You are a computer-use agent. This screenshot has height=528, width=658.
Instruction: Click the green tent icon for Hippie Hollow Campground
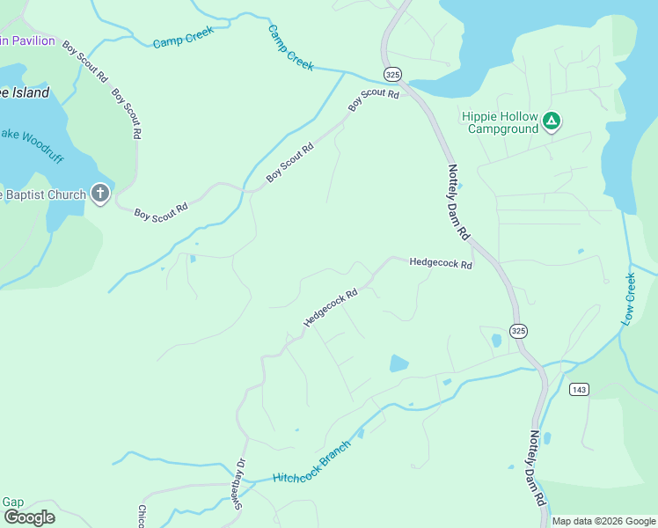[552, 121]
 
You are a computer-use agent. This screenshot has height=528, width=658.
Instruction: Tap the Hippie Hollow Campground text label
[502, 122]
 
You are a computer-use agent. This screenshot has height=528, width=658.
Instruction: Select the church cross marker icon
[100, 194]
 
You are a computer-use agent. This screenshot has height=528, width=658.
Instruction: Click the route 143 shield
[578, 389]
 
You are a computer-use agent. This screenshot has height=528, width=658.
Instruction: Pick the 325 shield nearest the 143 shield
[518, 331]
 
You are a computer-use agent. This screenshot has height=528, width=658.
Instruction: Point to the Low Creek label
[628, 300]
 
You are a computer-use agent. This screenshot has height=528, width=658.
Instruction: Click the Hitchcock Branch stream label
[312, 462]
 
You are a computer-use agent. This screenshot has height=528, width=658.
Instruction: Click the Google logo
[28, 517]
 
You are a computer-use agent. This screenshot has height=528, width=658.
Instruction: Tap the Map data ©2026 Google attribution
[603, 521]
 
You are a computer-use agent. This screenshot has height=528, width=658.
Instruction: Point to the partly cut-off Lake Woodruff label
[32, 134]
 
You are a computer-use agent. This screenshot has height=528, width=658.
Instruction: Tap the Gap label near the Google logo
[12, 502]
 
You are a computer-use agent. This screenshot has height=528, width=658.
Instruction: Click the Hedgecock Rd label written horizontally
[441, 262]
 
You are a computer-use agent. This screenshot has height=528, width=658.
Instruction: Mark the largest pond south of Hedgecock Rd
[398, 363]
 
